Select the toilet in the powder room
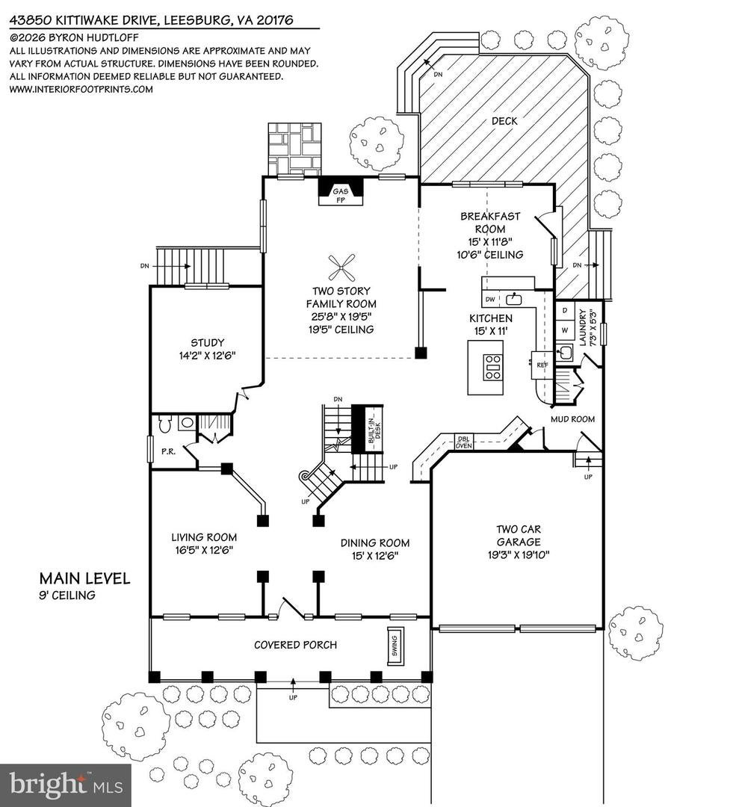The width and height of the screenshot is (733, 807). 164,423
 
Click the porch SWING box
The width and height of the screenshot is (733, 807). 395,646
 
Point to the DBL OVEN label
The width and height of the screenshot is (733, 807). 463,442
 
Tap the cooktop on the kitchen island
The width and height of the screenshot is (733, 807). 492,368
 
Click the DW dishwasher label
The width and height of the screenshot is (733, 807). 489,299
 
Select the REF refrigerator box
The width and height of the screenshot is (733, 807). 542,365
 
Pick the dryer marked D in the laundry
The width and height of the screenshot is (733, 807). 565,310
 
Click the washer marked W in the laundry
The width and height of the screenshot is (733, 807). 565,330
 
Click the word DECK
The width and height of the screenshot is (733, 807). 504,121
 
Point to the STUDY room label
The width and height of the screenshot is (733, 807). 208,343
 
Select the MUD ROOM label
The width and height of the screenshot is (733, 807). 572,419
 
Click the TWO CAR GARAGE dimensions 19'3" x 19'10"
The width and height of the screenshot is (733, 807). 519,554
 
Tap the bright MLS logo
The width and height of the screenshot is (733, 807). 66,785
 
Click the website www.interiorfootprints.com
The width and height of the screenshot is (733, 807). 81,89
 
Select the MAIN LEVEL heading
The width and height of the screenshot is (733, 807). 85,578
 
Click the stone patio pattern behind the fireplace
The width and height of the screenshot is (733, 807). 294,149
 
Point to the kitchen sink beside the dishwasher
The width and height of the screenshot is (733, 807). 514,298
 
